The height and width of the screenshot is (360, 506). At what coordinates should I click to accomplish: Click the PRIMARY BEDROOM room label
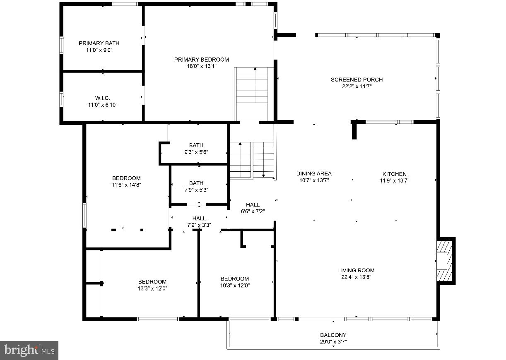click(x=201, y=60)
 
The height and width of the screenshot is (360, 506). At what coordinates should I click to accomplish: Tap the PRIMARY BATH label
click(x=99, y=43)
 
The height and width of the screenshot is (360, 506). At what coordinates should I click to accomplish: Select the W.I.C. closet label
click(x=102, y=98)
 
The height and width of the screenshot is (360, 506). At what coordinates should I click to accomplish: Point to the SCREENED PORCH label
click(x=357, y=79)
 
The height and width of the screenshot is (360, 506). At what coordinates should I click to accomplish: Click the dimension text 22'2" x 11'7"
click(x=357, y=86)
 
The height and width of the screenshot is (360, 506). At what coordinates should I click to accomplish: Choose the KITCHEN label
click(x=394, y=174)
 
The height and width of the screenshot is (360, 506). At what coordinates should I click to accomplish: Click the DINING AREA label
click(x=314, y=174)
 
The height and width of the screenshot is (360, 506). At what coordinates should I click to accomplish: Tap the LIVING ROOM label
click(x=356, y=270)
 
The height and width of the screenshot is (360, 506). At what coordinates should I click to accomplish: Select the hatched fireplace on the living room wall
click(x=445, y=261)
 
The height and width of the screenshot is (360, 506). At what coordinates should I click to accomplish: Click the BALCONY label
click(x=333, y=335)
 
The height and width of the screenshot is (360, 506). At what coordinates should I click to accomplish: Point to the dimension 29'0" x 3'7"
click(x=333, y=342)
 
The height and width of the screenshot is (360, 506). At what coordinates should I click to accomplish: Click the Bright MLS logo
click(x=29, y=350)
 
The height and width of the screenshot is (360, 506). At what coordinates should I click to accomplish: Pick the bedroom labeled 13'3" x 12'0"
click(x=152, y=285)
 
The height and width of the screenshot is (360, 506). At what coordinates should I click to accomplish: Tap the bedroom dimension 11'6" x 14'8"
click(x=126, y=185)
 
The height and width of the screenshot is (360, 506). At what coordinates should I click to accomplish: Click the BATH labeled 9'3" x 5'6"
click(x=196, y=149)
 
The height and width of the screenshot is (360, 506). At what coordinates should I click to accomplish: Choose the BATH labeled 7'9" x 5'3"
click(x=196, y=186)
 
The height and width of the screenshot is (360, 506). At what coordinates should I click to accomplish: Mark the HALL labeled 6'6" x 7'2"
click(x=253, y=208)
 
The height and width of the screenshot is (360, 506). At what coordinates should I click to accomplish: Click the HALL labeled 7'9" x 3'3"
click(x=199, y=222)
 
